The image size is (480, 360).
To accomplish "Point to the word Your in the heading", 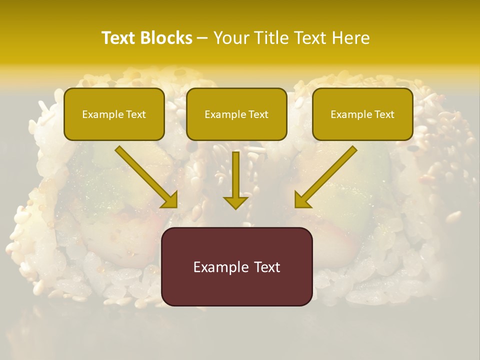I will pyautogui.click(x=231, y=38).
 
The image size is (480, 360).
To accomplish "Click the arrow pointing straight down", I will pyautogui.click(x=235, y=180).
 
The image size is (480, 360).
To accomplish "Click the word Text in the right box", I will pyautogui.click(x=383, y=114).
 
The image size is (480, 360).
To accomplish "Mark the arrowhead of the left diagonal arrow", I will pyautogui.click(x=170, y=200).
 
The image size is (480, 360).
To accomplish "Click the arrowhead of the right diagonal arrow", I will pyautogui.click(x=301, y=200).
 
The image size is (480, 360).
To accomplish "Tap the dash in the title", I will pyautogui.click(x=202, y=38).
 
